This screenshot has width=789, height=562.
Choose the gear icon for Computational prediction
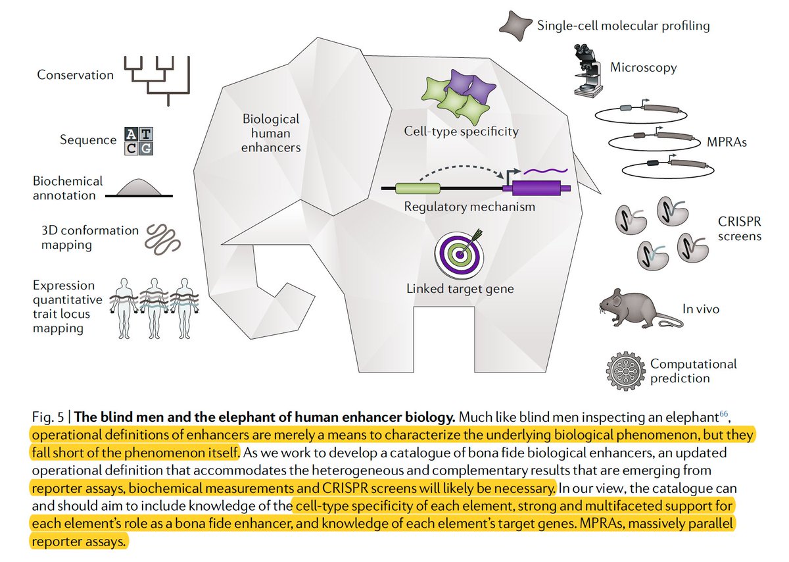pyautogui.click(x=626, y=370)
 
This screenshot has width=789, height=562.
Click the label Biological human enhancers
pyautogui.click(x=271, y=133)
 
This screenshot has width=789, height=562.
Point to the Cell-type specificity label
pyautogui.click(x=461, y=131)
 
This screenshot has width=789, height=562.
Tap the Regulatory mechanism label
pyautogui.click(x=469, y=207)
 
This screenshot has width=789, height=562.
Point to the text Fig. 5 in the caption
pyautogui.click(x=47, y=418)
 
